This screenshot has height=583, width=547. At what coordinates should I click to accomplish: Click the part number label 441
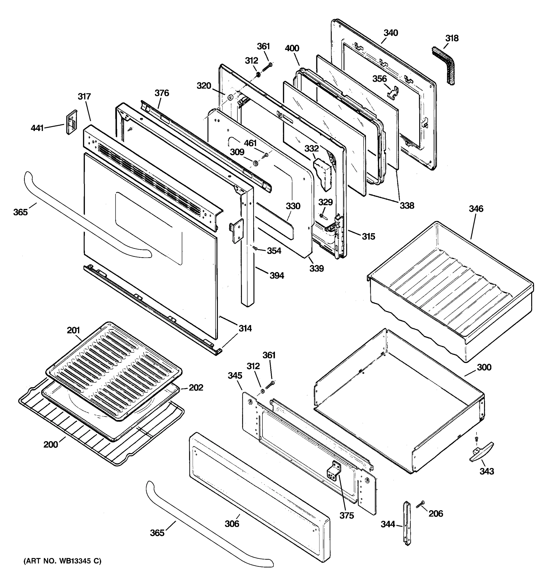37,128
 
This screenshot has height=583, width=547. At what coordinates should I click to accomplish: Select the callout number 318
452,38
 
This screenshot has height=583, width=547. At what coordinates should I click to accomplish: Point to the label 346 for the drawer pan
476,209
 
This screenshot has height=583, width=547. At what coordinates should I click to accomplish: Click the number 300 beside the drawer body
484,367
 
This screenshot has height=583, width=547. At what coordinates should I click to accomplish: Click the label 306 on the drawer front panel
232,523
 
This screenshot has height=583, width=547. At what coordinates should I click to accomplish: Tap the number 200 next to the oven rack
51,445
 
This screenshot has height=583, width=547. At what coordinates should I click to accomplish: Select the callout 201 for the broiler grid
73,330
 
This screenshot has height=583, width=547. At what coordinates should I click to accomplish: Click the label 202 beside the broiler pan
196,388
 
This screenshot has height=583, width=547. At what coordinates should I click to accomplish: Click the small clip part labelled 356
392,91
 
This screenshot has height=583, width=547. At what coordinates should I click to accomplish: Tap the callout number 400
292,48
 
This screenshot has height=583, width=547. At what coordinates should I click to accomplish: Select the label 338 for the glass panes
407,206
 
